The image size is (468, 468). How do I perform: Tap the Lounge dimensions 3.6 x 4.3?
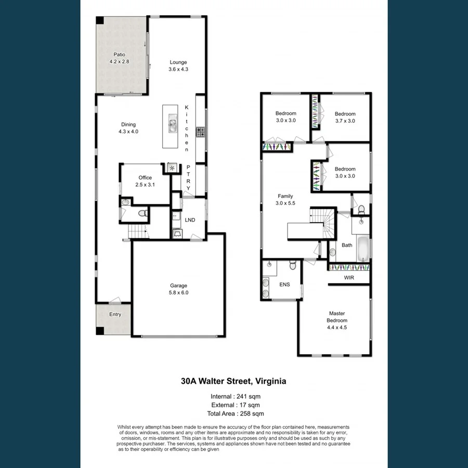pos(178,69)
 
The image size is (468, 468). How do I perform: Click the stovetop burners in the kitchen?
pos(200,132)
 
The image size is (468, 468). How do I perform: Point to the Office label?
pos(145,178)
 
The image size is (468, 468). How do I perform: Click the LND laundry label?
pos(190,220)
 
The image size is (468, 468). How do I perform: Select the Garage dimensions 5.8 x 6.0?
pos(178,293)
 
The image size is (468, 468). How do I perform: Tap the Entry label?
pos(115,314)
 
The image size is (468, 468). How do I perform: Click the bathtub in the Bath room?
pos(363,249)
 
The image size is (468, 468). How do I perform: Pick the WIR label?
pos(349,278)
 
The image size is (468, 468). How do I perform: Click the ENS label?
pos(284,284)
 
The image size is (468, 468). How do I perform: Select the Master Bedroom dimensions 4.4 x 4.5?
pos(337,328)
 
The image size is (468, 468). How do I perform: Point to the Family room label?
pos(285,196)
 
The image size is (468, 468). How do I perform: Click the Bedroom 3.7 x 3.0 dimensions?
pos(345,121)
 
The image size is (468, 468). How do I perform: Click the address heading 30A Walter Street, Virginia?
pos(233,381)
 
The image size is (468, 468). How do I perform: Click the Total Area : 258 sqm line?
pos(233,413)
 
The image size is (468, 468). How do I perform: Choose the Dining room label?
pos(128,124)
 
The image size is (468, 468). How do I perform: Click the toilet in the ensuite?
pos(293,266)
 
